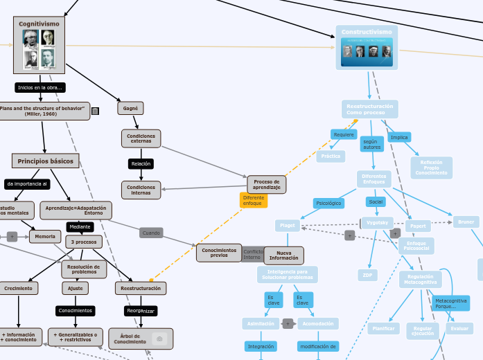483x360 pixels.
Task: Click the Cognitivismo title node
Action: (39, 24)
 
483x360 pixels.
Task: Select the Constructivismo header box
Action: (367, 33)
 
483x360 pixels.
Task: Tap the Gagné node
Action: (130, 109)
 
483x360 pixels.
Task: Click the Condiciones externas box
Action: (141, 138)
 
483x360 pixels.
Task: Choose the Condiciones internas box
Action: (141, 190)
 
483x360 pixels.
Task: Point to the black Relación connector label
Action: (141, 164)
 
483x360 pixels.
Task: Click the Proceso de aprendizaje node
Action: (266, 185)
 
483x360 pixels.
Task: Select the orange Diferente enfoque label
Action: (253, 200)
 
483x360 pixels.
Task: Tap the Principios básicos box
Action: (45, 161)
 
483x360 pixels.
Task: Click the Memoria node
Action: (45, 237)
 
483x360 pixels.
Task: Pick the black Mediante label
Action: (80, 226)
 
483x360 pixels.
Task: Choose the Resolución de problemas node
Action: (84, 269)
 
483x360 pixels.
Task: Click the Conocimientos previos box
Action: (219, 253)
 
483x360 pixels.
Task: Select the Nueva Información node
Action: (284, 255)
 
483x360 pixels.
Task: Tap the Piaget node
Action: (287, 226)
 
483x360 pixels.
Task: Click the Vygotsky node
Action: (378, 222)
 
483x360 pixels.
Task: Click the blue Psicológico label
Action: (328, 204)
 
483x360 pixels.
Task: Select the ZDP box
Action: (367, 275)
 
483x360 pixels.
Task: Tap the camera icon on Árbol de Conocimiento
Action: (159, 339)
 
